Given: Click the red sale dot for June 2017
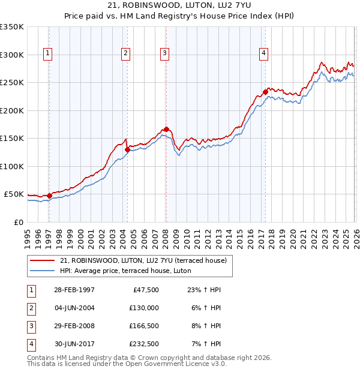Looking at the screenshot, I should (x=265, y=92).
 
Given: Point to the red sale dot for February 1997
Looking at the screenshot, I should (x=50, y=196).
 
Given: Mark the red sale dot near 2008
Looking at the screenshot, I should (x=166, y=129).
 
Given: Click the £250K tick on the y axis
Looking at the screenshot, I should (x=12, y=83).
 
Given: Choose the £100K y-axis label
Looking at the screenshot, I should (x=12, y=166).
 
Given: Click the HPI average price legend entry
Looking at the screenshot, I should (x=125, y=271).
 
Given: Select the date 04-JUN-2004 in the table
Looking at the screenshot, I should (x=68, y=308).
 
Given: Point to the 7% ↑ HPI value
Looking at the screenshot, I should (x=206, y=344).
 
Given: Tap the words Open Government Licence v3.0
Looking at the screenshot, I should (x=177, y=364).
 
